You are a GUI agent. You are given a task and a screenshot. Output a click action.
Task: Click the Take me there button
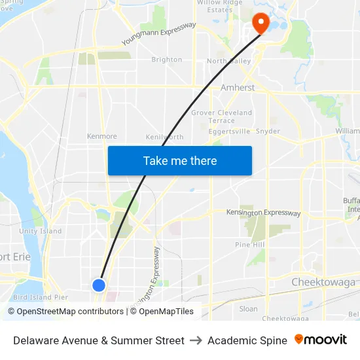pos(180,160)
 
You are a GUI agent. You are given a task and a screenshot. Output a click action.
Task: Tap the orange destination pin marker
pos(261,24)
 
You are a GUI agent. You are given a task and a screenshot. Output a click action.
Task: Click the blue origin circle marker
pos(99,285)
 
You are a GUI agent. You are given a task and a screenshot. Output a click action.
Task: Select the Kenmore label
pos(102,136)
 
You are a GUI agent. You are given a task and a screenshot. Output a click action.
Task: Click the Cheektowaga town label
pos(323,282)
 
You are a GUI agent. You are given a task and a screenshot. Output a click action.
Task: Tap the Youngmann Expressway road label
pos(159,34)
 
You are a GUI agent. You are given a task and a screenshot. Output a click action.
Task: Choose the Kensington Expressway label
pos(263,213)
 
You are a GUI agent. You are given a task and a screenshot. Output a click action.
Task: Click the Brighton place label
pos(167,60)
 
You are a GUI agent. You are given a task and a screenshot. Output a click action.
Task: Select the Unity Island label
pos(41,231)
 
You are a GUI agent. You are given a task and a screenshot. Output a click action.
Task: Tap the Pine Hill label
pos(250,244)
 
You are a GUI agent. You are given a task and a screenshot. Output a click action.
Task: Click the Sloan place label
pos(249,308)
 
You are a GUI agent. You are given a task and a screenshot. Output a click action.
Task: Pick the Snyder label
pos(268,131)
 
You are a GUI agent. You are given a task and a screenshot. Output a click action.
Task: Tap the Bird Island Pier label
pos(41,297)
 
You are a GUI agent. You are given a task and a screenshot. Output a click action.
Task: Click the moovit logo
pos(321,340)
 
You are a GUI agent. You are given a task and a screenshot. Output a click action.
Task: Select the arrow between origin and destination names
pos(196,340)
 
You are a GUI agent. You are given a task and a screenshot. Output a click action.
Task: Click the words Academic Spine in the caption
pos(247,340)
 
